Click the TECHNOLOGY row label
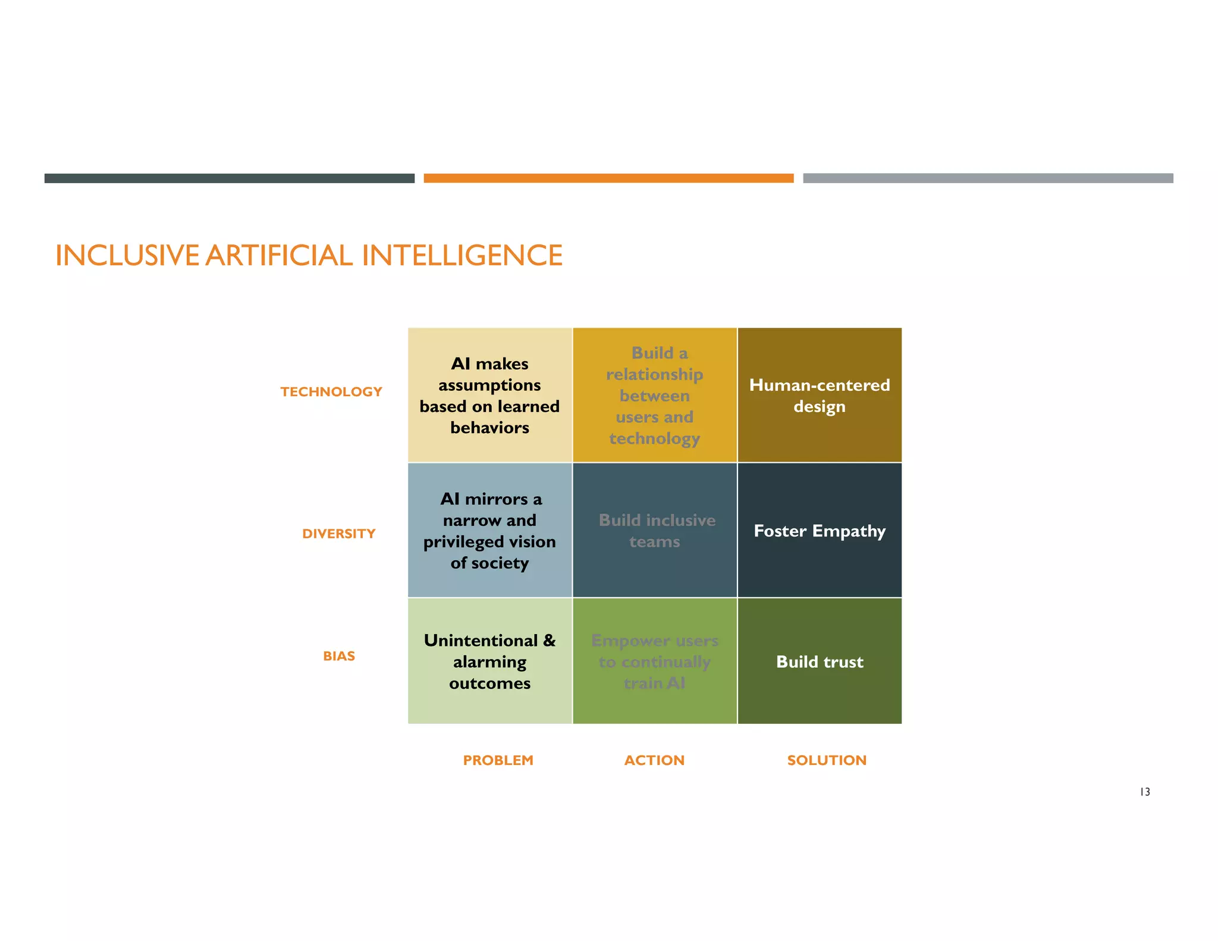[x=331, y=392]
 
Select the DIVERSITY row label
[x=338, y=534]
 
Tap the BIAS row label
[x=339, y=656]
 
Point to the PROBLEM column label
[x=498, y=760]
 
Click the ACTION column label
[x=654, y=760]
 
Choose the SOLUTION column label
[x=827, y=760]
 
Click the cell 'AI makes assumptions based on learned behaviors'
[x=489, y=396]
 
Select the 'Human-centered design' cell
[x=820, y=396]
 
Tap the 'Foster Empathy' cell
[x=820, y=531]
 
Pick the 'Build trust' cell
[x=820, y=661]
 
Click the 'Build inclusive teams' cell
[x=655, y=531]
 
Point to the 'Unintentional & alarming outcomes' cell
[x=489, y=661]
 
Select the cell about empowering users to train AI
[x=655, y=661]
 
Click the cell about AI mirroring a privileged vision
[x=489, y=531]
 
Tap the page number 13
[x=1145, y=792]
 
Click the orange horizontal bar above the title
[x=608, y=178]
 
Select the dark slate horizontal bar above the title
[x=229, y=178]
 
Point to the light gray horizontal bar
[x=988, y=178]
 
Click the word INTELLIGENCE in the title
[x=462, y=256]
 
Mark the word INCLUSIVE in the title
[x=127, y=256]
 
